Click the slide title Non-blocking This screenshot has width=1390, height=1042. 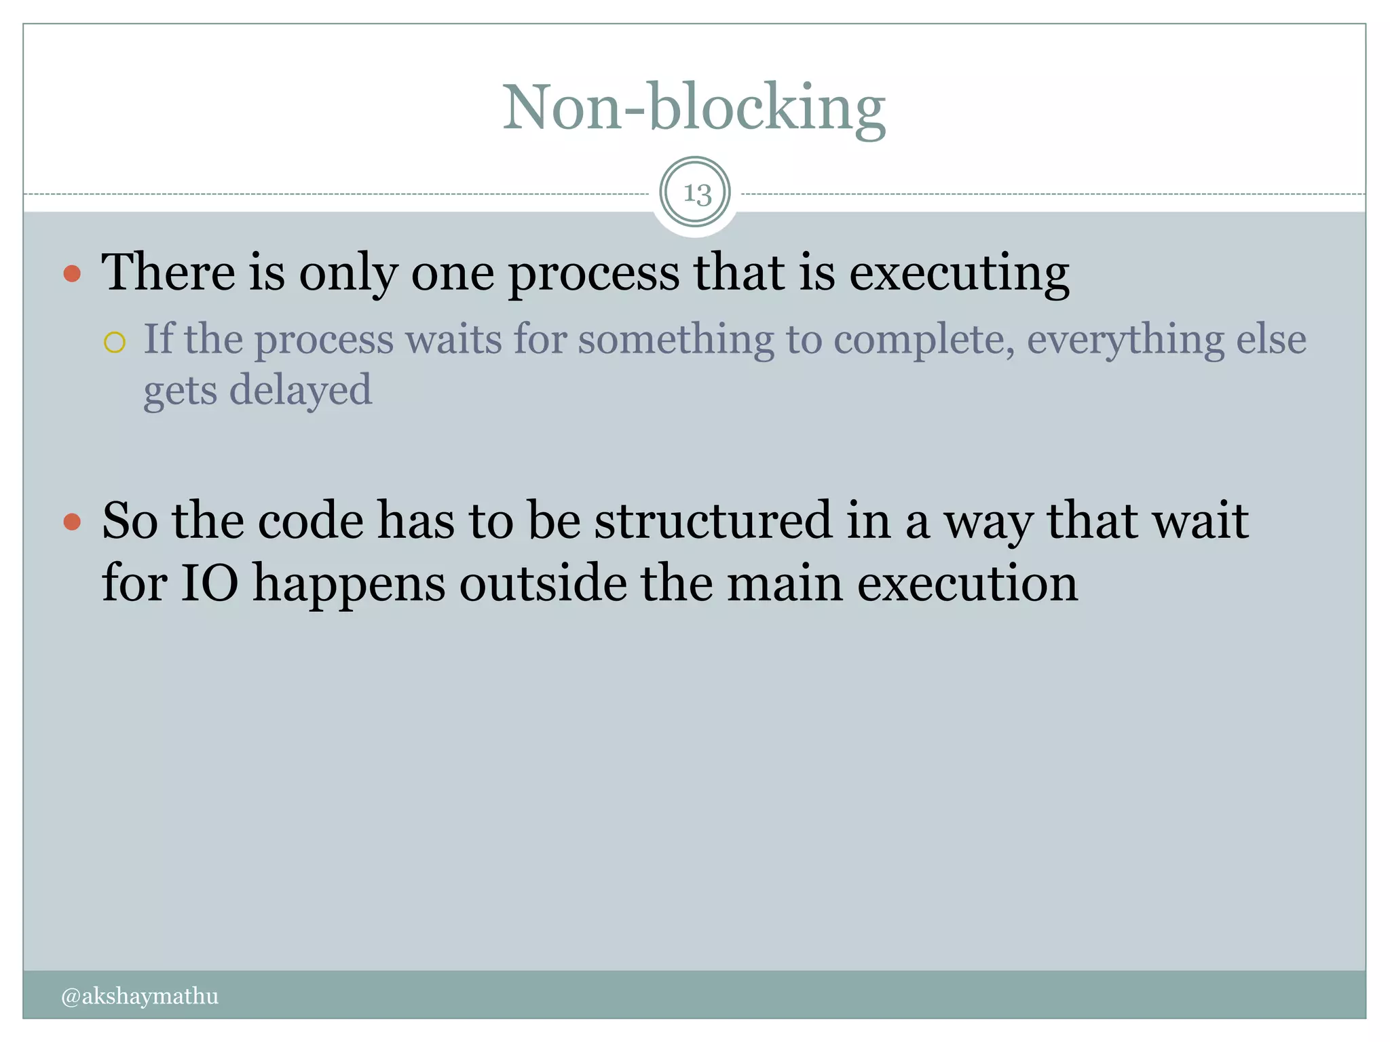tap(694, 109)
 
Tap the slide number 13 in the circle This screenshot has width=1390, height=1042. tap(696, 193)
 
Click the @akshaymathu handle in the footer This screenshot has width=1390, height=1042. tap(140, 996)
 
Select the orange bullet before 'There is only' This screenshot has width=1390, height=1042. tap(72, 274)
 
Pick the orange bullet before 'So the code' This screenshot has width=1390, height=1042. tap(72, 522)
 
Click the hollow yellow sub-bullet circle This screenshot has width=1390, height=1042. tap(115, 343)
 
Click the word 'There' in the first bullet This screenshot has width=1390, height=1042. tap(168, 273)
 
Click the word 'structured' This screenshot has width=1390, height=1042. tap(713, 521)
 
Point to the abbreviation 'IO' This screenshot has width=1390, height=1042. tap(210, 583)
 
